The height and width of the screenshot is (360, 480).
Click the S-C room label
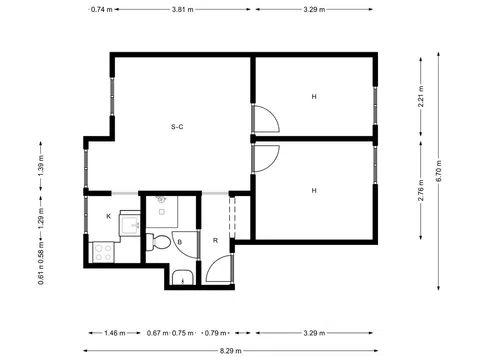coord(176,126)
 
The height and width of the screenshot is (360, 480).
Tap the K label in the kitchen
coord(108,216)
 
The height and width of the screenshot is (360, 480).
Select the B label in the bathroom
coord(178,242)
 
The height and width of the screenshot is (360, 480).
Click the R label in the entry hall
coord(215,241)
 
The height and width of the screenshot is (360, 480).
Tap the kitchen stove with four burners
coord(103,254)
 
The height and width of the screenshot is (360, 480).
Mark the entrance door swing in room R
coord(220,271)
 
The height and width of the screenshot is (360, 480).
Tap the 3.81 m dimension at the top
coord(181,9)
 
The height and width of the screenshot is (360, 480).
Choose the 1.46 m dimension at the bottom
coord(111,333)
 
